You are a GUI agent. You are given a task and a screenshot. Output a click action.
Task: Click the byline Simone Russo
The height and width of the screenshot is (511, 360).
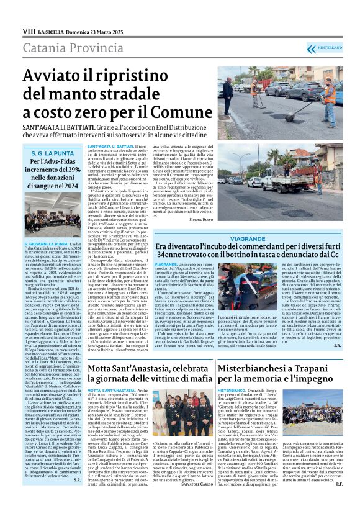coord(202,220)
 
